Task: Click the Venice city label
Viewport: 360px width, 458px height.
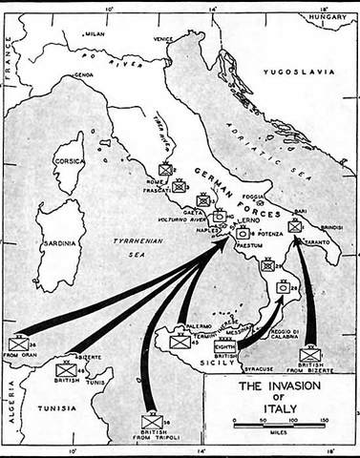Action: (x=164, y=39)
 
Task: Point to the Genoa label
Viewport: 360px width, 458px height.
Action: (x=85, y=73)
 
